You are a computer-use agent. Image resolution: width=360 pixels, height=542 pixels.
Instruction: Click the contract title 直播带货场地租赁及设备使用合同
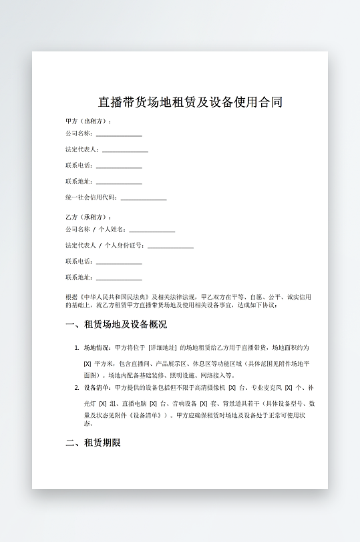click(x=190, y=102)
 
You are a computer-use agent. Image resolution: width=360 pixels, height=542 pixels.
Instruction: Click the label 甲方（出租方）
click(x=87, y=121)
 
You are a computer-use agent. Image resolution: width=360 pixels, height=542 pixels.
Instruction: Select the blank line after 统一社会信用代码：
click(x=144, y=198)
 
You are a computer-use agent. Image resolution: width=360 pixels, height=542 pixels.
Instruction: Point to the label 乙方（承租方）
click(x=87, y=217)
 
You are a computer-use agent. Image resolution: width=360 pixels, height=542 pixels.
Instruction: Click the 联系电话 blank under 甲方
click(x=119, y=166)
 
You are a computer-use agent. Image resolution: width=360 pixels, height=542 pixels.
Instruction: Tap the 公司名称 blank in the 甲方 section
click(x=119, y=133)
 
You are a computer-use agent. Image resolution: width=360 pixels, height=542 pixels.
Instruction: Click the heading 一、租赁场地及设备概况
click(x=116, y=325)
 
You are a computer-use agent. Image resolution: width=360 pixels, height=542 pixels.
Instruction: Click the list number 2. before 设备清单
click(x=77, y=388)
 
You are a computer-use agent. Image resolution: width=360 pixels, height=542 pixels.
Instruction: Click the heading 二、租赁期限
click(x=93, y=442)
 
